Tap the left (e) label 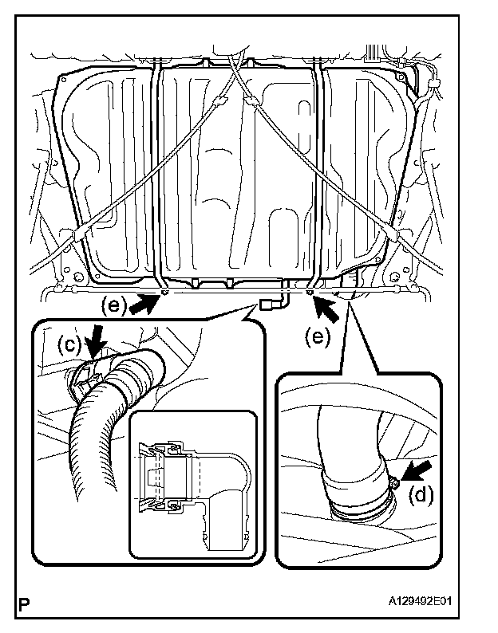click(x=113, y=303)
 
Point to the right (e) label click(x=318, y=336)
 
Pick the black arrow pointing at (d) click(x=417, y=469)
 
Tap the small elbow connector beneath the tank click(x=273, y=302)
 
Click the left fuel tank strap click(x=157, y=175)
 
